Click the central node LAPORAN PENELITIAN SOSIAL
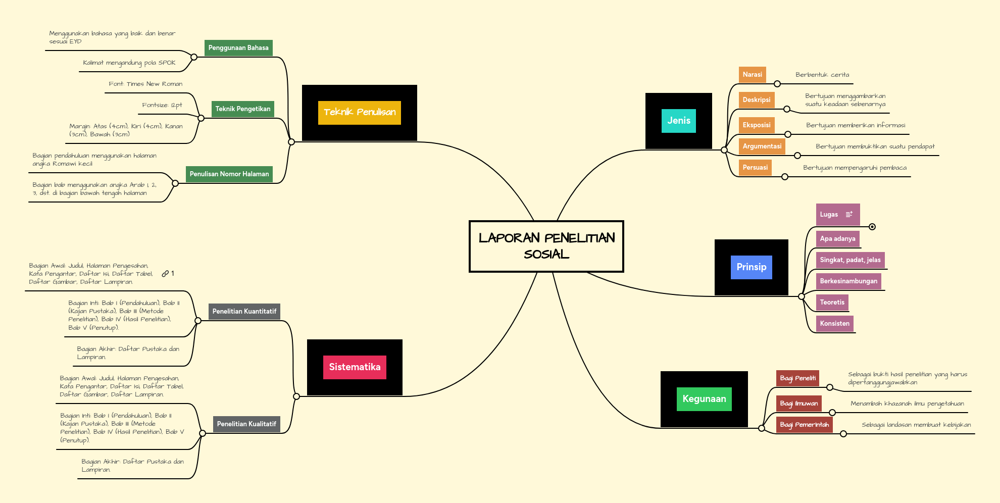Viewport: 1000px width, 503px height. pyautogui.click(x=546, y=246)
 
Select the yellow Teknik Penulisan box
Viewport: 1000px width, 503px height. pyautogui.click(x=359, y=112)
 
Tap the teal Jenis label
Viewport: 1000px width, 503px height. pyautogui.click(x=678, y=121)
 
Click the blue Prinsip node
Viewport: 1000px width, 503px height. pyautogui.click(x=751, y=267)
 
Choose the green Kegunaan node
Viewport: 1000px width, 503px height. pyautogui.click(x=704, y=399)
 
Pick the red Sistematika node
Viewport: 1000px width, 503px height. pyautogui.click(x=355, y=367)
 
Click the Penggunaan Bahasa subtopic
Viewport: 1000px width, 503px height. pyautogui.click(x=238, y=48)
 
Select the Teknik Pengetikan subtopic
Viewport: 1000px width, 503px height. pyautogui.click(x=243, y=109)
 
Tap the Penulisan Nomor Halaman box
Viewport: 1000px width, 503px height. pyautogui.click(x=229, y=174)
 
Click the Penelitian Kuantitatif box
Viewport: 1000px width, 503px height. pyautogui.click(x=244, y=312)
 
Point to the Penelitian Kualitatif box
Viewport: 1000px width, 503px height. pyautogui.click(x=246, y=424)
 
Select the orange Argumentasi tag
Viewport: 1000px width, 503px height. pyautogui.click(x=762, y=146)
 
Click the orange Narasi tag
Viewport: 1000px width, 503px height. pyautogui.click(x=752, y=75)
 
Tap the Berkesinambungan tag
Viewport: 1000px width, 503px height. pyautogui.click(x=848, y=281)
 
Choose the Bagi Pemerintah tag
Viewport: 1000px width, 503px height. pyautogui.click(x=804, y=425)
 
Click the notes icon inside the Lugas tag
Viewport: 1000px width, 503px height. pyautogui.click(x=849, y=215)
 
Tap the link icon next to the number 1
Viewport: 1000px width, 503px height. pyautogui.click(x=165, y=274)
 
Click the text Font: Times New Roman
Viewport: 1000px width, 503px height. pyautogui.click(x=145, y=84)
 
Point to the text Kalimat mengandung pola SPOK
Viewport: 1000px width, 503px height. pyautogui.click(x=129, y=63)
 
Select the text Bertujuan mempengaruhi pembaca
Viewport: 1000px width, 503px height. pyautogui.click(x=855, y=168)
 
